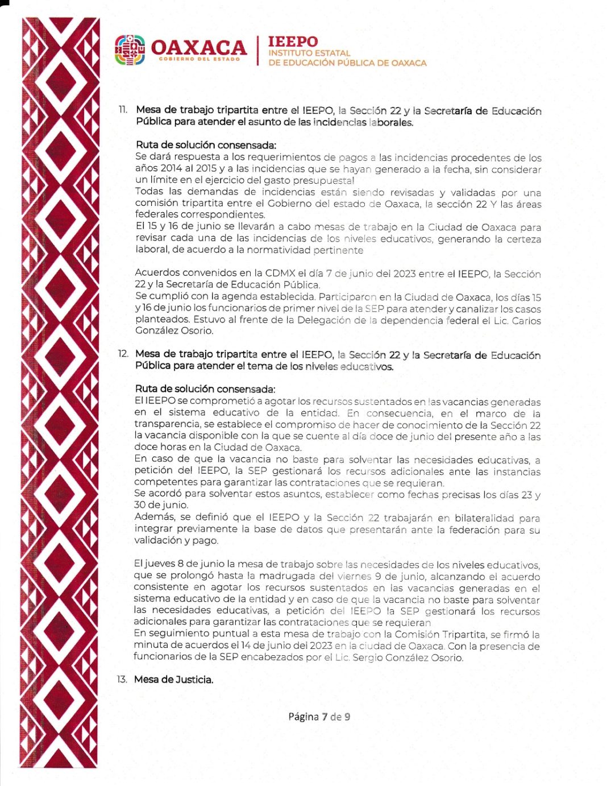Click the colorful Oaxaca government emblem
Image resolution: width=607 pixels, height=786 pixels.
pos(130,50)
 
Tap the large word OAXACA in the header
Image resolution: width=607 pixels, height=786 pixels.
pos(198,47)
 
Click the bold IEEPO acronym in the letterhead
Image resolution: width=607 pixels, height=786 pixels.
pos(293,42)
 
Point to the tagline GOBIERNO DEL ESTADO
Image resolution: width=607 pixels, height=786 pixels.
pos(199,59)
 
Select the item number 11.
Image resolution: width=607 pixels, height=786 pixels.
pos(123,110)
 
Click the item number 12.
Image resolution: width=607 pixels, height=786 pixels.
pos(123,354)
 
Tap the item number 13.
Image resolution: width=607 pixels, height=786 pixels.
pos(122,679)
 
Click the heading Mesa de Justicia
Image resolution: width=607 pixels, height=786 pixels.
pos(174,680)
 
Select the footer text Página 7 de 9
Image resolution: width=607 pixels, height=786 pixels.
pos(319,717)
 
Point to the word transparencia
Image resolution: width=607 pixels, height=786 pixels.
pos(160,424)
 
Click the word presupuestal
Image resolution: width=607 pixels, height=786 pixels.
pos(324,180)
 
